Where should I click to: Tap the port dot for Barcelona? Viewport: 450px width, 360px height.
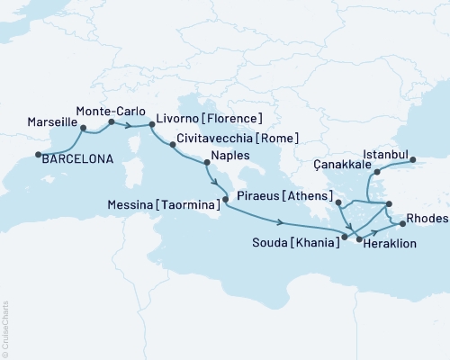[x=39, y=155]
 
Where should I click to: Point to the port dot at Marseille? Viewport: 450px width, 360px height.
[x=83, y=128]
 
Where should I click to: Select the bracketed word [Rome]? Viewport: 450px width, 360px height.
[x=276, y=139]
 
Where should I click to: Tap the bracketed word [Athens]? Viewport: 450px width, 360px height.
[x=307, y=195]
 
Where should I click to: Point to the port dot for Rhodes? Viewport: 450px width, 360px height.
[x=402, y=221]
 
